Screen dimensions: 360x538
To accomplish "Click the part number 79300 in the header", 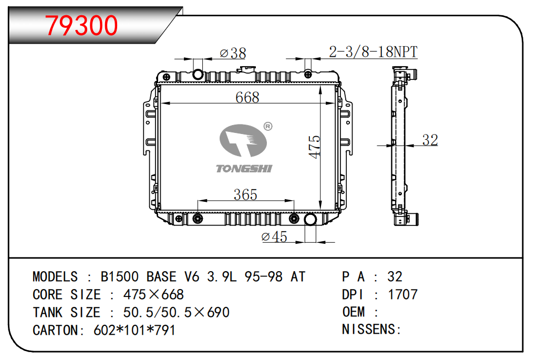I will (x=81, y=25).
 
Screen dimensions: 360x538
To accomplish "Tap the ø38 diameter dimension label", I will (x=232, y=53).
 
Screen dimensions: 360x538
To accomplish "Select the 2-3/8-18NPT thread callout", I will (x=373, y=52).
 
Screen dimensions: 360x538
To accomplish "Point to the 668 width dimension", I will (x=247, y=97).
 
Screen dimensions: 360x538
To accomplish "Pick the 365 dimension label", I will (x=245, y=195).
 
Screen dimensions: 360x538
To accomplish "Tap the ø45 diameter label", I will (x=274, y=237).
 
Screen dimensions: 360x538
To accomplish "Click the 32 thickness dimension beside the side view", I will (x=430, y=140).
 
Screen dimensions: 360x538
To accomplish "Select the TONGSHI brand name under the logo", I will (x=244, y=168).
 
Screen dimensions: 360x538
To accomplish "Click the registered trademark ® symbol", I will (x=267, y=126).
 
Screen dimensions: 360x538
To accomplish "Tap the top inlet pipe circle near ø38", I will (x=198, y=74).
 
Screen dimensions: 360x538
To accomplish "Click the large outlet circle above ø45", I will (x=310, y=219).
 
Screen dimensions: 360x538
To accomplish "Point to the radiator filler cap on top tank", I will (x=246, y=70).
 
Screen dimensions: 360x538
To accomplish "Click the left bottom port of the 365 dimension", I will (x=198, y=219).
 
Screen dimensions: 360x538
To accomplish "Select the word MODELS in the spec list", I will (x=55, y=277).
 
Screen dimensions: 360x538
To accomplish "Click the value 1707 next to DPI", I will (x=402, y=294).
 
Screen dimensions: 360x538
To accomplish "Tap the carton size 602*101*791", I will (x=134, y=330).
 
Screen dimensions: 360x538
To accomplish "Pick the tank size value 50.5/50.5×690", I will (x=176, y=312).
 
